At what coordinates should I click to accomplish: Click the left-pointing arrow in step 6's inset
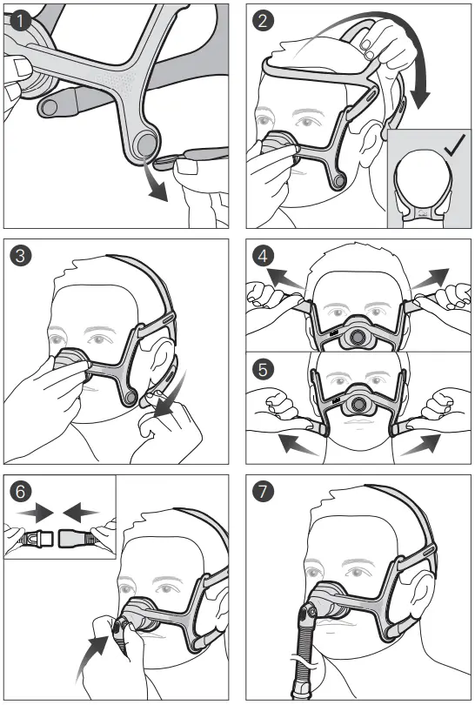pos(84,507)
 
